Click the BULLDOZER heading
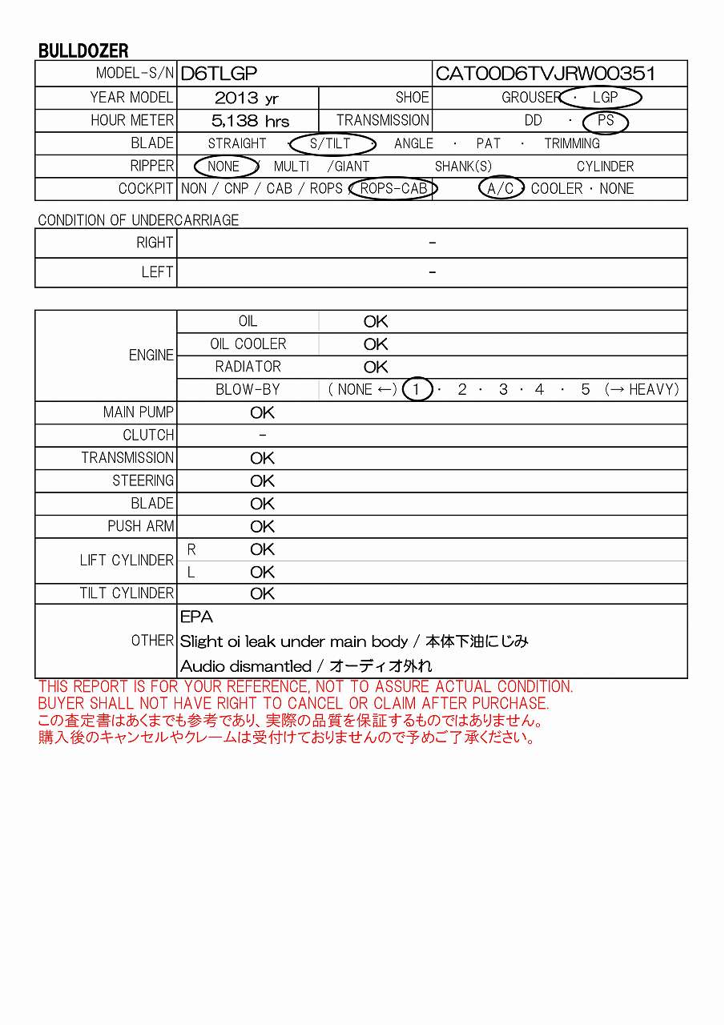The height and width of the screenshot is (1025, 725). (83, 51)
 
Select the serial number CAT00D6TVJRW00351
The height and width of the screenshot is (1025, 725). (546, 74)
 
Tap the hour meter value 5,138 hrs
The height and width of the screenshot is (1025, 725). (250, 122)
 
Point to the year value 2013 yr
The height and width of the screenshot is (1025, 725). (247, 98)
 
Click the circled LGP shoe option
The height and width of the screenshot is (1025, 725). (604, 98)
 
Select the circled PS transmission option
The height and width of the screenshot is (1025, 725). (606, 121)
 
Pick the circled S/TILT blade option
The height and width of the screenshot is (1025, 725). (331, 144)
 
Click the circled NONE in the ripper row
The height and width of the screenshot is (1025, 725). (224, 167)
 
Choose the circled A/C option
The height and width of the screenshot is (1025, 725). (501, 189)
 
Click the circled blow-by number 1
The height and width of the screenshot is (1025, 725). (417, 390)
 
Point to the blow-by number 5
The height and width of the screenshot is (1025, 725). (586, 390)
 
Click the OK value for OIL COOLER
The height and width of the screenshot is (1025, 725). (375, 344)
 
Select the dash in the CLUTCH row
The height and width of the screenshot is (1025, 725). (263, 435)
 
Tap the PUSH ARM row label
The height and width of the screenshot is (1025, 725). (140, 526)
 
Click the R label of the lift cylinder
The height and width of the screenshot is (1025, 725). (191, 549)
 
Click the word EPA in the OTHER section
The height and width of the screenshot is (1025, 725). (196, 617)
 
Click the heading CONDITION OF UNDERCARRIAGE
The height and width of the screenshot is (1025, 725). (139, 220)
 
